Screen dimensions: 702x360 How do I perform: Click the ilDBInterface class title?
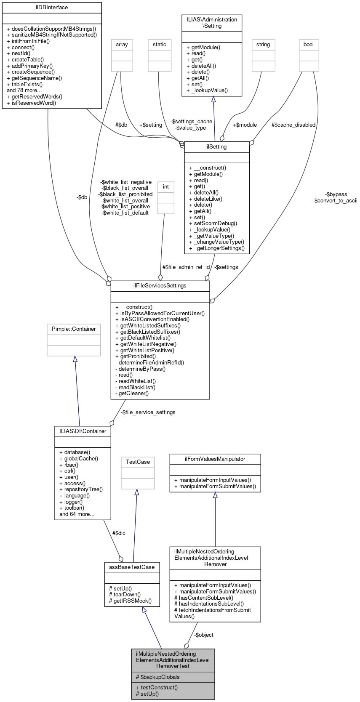click(52, 8)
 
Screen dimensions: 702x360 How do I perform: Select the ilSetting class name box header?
click(217, 147)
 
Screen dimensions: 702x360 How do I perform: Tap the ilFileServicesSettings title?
click(160, 286)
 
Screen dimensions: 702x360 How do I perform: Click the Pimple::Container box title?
click(74, 329)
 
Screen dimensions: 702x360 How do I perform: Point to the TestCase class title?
click(138, 462)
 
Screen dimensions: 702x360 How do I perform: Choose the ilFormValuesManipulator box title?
click(215, 459)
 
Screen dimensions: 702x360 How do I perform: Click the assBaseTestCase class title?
click(132, 567)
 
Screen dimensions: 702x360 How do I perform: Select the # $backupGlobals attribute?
click(158, 677)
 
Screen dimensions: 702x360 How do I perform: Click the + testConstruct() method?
click(157, 688)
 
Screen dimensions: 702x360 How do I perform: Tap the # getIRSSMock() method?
click(130, 601)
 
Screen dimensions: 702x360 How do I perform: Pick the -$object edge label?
click(204, 635)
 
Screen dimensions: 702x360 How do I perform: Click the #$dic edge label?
click(119, 533)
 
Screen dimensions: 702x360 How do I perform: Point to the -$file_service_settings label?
click(148, 412)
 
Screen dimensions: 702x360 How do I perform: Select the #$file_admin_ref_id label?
click(186, 267)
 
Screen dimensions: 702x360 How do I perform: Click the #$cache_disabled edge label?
click(293, 125)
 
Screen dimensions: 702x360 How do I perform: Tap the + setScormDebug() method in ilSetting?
click(213, 223)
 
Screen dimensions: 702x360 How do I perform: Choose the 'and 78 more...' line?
click(24, 90)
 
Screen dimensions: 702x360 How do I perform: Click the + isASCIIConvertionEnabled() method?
click(152, 319)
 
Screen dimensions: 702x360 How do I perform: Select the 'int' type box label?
click(166, 187)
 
